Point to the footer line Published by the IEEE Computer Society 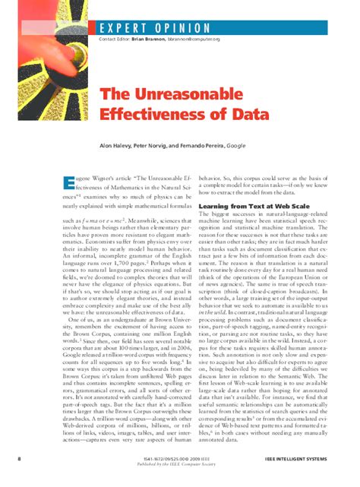tap(180, 465)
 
